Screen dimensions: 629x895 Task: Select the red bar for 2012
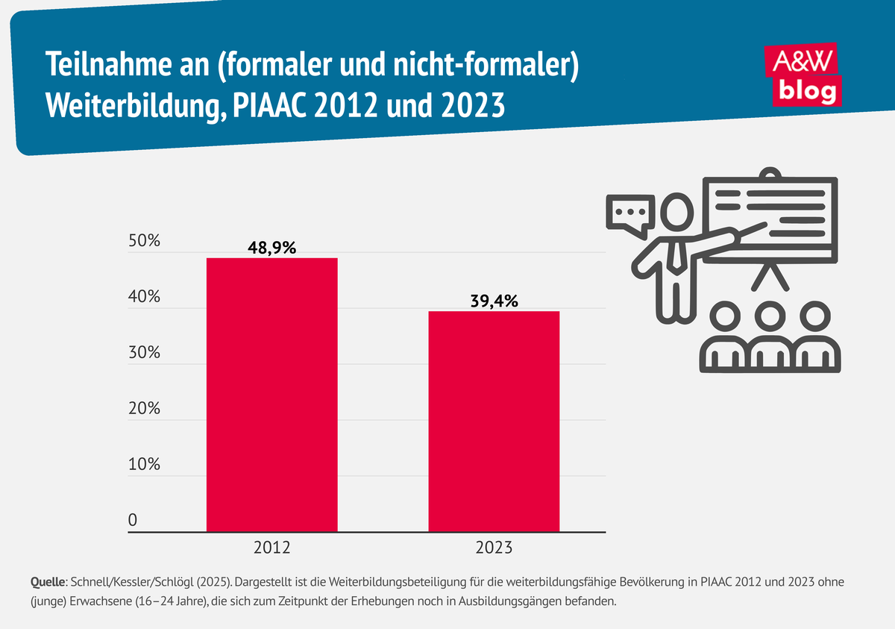(271, 395)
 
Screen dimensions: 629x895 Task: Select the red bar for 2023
(494, 422)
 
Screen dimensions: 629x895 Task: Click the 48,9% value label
(271, 248)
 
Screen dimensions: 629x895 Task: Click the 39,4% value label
(493, 301)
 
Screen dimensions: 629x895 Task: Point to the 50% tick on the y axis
(144, 241)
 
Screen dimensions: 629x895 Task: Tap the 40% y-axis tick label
(144, 297)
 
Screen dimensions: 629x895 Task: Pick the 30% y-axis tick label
(144, 353)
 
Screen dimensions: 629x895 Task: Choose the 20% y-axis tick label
(144, 409)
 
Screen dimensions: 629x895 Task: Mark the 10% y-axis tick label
(144, 464)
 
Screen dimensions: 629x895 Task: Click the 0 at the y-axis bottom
(133, 520)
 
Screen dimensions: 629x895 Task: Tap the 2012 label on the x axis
(271, 548)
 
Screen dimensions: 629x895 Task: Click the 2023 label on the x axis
(494, 548)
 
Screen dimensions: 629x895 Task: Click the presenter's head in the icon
(678, 212)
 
